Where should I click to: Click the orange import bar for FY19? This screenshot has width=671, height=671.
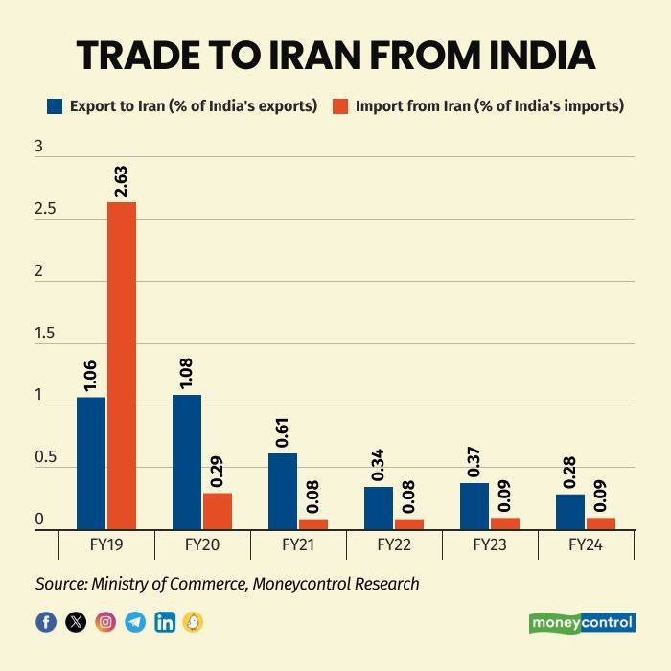point(121,365)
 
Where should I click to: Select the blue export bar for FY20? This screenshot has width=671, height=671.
point(186,461)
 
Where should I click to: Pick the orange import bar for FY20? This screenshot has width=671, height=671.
point(217,511)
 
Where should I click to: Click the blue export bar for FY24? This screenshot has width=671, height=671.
point(569,511)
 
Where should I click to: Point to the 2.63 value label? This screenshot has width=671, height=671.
point(121,181)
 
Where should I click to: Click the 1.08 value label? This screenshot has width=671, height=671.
point(186,373)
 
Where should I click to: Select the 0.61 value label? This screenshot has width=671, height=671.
point(282,431)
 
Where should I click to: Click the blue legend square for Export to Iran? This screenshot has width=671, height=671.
point(55,106)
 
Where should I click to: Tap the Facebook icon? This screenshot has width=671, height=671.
point(46,622)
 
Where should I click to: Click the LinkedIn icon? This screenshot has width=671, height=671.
point(165,622)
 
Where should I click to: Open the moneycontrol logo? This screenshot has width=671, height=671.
point(582,623)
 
